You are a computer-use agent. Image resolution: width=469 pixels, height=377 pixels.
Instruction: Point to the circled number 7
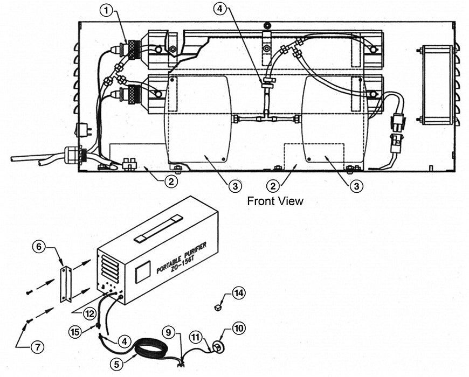tap(37, 347)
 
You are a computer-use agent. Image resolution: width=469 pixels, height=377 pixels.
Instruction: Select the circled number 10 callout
tap(238, 328)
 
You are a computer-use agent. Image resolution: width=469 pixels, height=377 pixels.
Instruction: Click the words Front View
tap(275, 201)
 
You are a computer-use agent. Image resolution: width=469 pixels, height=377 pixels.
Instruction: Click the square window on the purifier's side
tap(142, 272)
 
